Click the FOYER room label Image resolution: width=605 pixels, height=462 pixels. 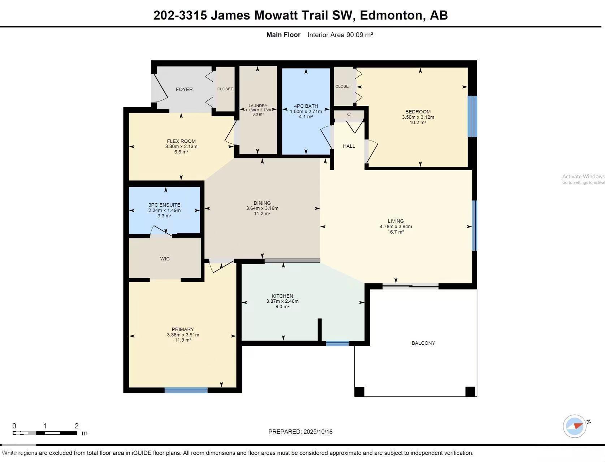point(184,89)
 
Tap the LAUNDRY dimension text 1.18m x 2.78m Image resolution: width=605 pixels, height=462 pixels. point(258,110)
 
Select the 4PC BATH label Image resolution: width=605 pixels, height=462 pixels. point(306,106)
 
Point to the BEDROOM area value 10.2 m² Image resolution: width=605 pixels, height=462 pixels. point(418,122)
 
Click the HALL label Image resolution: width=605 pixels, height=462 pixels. point(349,146)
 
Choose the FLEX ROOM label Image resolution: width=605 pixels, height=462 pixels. point(181,141)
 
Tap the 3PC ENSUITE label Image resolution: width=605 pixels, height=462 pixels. point(164,205)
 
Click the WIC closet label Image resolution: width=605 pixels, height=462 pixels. point(165,259)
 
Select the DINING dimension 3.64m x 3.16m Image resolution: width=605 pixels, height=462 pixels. point(262,208)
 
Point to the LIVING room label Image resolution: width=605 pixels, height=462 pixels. point(396,221)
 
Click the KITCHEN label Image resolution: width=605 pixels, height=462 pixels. point(282,296)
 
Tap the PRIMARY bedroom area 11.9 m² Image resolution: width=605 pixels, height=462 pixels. point(183,340)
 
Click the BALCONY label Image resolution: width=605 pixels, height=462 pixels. point(423,343)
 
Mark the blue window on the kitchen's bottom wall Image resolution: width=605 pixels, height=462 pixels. point(337,343)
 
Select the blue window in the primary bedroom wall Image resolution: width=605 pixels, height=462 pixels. point(186,390)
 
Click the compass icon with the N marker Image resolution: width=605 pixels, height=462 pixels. point(575,426)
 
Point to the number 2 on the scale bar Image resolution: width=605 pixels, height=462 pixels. point(77,426)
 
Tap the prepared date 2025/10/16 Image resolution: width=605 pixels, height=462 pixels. point(318,432)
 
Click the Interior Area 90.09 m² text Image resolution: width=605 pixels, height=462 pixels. point(340,35)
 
